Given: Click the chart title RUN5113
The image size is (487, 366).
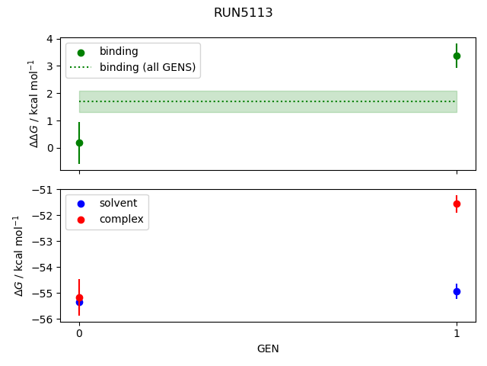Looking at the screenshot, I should pos(243,13).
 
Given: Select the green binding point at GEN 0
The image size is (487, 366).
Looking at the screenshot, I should pos(79,143).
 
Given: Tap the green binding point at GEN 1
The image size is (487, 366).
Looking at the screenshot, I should pos(457,56).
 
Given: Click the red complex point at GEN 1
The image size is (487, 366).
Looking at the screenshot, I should pos(457,204).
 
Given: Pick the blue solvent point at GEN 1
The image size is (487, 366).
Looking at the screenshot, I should pos(457,291).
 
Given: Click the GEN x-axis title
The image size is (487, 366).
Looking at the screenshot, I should pos(268,348).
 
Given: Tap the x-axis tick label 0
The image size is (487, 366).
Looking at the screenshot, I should pos(79,333).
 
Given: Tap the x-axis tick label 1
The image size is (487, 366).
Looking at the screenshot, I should pos(457,333).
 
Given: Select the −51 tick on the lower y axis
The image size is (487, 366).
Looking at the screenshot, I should pos(44,190).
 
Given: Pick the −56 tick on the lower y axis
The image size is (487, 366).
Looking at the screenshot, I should pos(44,319).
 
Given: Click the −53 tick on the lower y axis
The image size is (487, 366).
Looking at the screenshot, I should pos(44,242).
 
